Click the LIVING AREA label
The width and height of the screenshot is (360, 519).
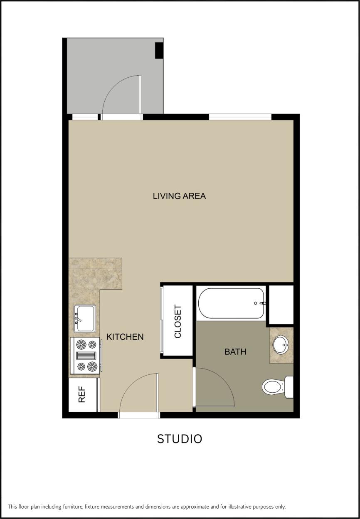(179, 196)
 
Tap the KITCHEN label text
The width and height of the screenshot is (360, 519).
(125, 337)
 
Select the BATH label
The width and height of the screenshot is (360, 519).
(235, 352)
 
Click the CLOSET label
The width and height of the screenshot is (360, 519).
(178, 321)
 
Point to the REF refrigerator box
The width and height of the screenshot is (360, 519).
(83, 394)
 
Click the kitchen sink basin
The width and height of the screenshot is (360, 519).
(85, 318)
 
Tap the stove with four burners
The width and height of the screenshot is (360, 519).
(86, 355)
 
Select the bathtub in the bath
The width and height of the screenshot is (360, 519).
(231, 303)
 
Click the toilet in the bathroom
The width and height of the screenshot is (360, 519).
(276, 387)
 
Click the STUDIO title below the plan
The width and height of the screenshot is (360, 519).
(180, 439)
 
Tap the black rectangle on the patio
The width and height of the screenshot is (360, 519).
(159, 50)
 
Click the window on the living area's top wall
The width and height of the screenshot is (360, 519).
(240, 117)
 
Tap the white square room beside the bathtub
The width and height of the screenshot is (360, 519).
(281, 304)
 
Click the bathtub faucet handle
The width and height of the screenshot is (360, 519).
(262, 303)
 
